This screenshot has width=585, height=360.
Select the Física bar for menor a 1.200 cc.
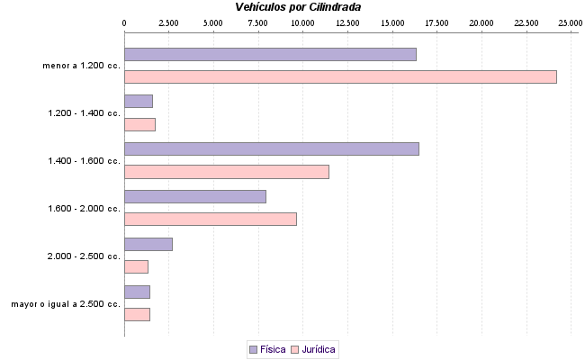[270, 54]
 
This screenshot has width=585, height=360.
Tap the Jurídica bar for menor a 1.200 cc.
[340, 76]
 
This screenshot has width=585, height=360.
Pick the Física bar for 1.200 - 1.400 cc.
[138, 101]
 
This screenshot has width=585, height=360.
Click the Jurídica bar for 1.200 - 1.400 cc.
[139, 124]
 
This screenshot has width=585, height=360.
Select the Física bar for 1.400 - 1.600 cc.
[271, 148]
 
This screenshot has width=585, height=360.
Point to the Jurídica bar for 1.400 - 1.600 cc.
[226, 172]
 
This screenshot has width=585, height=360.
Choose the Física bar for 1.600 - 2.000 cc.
[194, 196]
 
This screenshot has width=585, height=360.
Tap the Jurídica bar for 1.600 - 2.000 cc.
[210, 219]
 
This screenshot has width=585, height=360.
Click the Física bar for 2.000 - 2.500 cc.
[148, 244]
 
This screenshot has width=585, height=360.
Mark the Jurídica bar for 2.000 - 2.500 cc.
[136, 266]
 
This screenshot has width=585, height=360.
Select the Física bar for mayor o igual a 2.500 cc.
[137, 291]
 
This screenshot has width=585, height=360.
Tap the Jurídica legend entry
[313, 348]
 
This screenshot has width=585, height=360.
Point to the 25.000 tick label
[570, 22]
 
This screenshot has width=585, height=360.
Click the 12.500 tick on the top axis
[347, 22]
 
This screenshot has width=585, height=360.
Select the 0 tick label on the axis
[124, 22]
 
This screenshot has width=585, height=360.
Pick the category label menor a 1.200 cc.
[81, 66]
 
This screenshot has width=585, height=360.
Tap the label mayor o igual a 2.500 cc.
[66, 304]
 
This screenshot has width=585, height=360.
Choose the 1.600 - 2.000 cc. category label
[84, 209]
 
